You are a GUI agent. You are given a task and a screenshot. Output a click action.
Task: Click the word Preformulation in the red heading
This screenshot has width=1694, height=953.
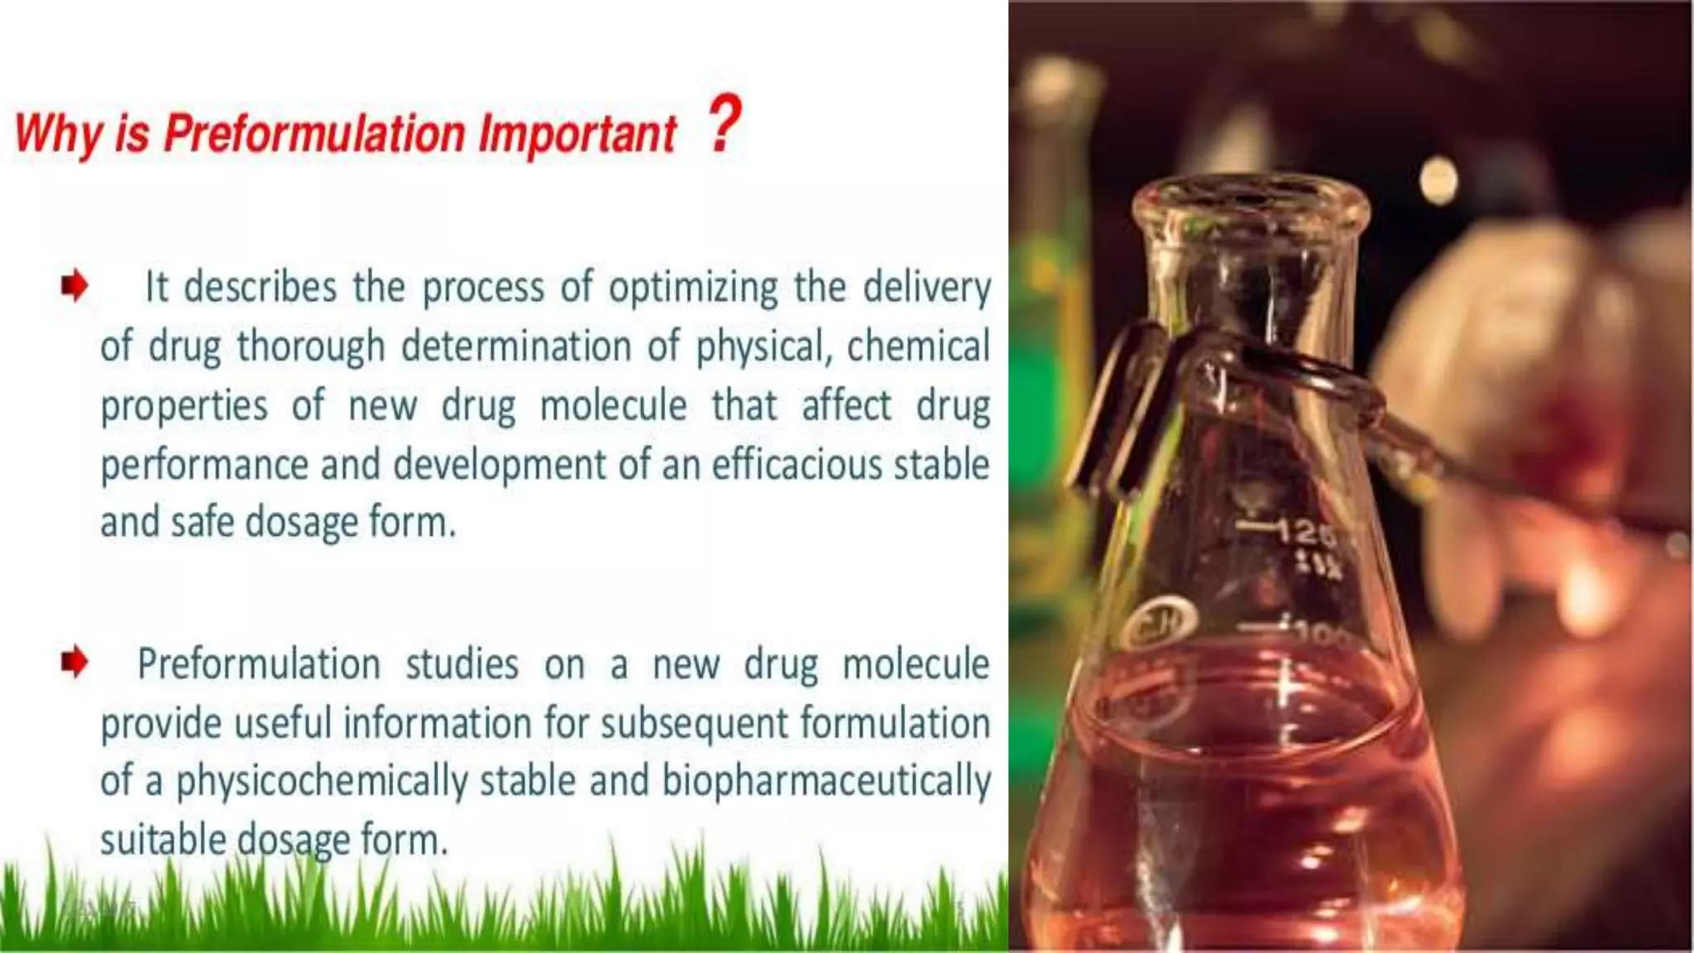pos(314,134)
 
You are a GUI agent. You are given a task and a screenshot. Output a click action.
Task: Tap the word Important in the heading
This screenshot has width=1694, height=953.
pos(577,134)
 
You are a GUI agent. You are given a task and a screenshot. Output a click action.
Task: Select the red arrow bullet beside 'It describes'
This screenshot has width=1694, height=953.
pos(74,286)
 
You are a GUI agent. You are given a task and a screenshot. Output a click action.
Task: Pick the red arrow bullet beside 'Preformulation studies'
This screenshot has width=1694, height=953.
pos(74,662)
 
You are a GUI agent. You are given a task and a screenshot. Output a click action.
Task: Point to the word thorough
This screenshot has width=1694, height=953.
pos(311,347)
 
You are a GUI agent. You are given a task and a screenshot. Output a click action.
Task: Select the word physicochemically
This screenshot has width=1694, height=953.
pos(322,782)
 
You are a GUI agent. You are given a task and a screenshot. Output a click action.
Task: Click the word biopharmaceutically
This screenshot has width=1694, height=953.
pos(825,782)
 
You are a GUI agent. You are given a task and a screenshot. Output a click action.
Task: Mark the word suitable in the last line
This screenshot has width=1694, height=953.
pos(163,840)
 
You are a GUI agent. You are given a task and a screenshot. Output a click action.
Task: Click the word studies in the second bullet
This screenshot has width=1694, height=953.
pos(462,664)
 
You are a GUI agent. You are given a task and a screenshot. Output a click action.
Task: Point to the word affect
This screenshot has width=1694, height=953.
pos(846,405)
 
